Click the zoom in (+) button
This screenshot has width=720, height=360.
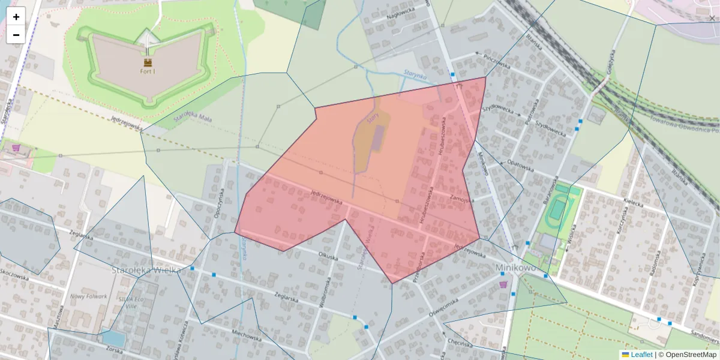pyautogui.click(x=16, y=17)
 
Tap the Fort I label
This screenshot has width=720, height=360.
pyautogui.click(x=147, y=71)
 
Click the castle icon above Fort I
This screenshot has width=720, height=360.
pyautogui.click(x=148, y=61)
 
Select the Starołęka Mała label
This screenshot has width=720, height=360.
pyautogui.click(x=193, y=118)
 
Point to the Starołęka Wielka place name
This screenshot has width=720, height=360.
pyautogui.click(x=146, y=270)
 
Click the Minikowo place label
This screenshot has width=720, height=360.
pyautogui.click(x=515, y=268)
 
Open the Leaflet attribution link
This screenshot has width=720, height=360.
pyautogui.click(x=641, y=355)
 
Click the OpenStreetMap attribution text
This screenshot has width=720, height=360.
pyautogui.click(x=691, y=355)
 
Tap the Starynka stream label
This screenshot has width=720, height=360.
pyautogui.click(x=415, y=76)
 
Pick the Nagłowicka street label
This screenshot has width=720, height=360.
pyautogui.click(x=401, y=13)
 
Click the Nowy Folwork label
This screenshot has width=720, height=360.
pyautogui.click(x=88, y=296)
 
